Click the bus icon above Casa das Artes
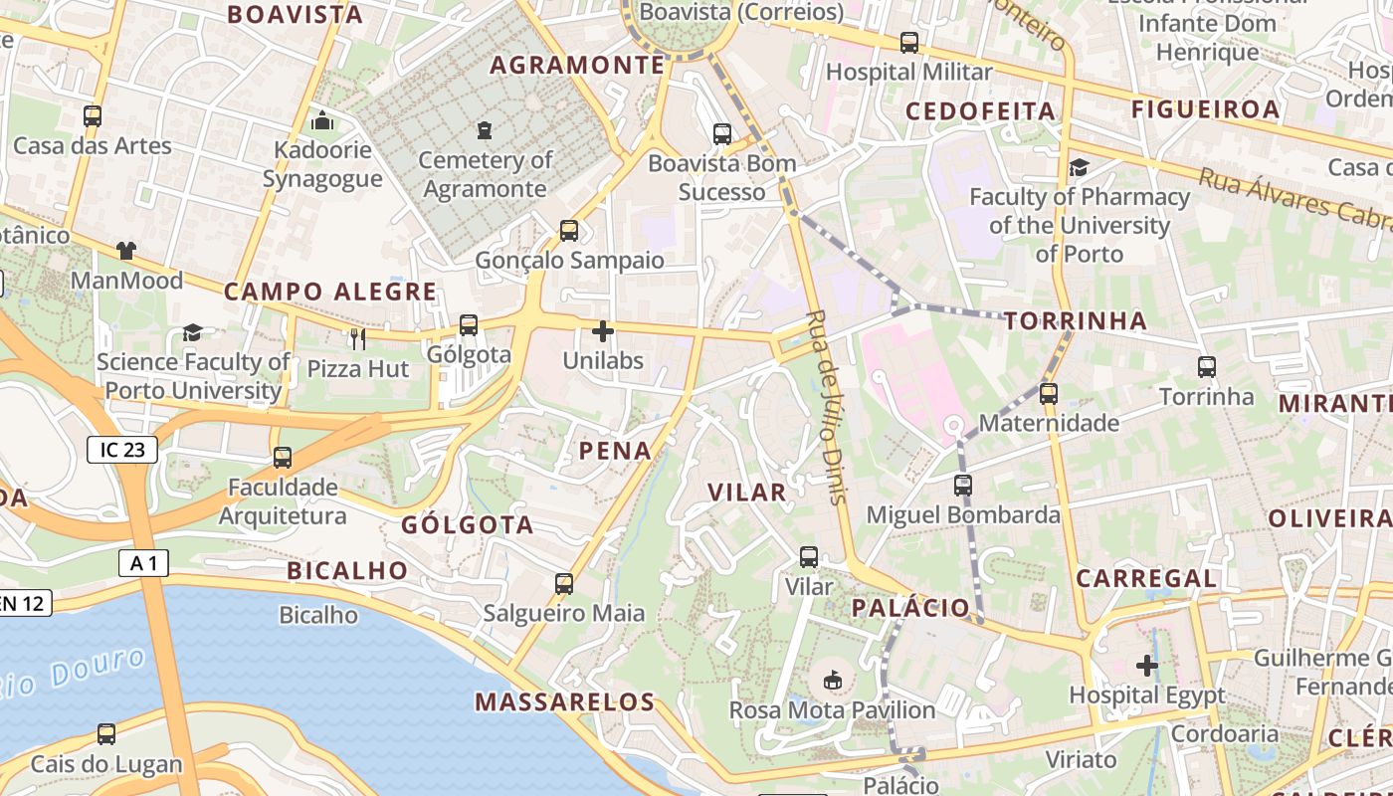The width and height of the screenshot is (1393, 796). coord(93,116)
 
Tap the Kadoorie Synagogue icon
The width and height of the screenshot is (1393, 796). coord(322,121)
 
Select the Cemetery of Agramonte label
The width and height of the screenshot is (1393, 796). coord(485,174)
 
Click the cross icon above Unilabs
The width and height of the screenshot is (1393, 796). coord(603,331)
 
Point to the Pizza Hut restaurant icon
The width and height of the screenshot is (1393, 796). coord(357,339)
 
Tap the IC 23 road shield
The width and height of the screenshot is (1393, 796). coord(122,450)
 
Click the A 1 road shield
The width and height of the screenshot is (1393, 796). coord(143,563)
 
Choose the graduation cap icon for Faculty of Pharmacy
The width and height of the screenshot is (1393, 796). coord(1079,168)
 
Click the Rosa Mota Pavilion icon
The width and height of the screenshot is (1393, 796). coord(833,681)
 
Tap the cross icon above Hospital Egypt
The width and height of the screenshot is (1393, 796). coord(1147,665)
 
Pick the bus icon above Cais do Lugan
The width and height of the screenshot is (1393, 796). coord(106,734)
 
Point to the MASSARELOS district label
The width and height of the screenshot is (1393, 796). coord(564,701)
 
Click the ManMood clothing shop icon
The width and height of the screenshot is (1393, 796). coord(126,251)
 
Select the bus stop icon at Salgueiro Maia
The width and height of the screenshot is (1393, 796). coord(564,584)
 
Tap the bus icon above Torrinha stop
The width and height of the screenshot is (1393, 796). coord(1207,367)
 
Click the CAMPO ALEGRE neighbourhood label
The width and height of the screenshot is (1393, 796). coord(329,292)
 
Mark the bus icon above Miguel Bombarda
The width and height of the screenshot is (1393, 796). coord(962,486)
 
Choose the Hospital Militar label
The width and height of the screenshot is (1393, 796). coord(908,72)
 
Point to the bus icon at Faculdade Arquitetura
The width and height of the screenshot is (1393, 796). coord(283,458)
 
